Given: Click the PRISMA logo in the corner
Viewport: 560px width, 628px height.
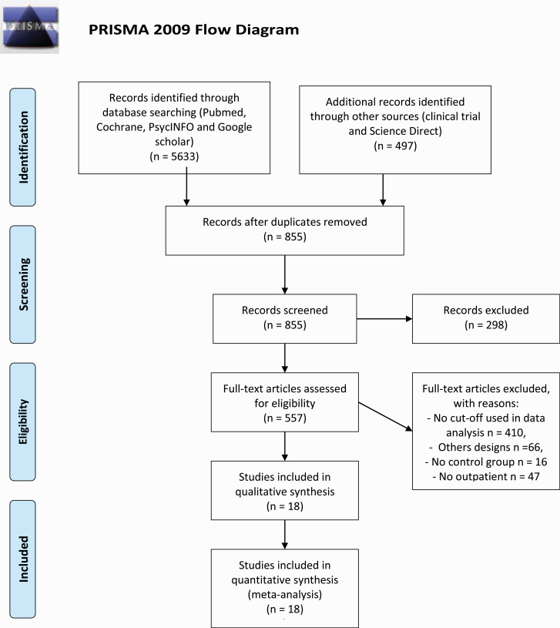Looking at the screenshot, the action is click(29, 27).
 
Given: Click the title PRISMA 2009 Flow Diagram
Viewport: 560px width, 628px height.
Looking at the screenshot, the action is click(194, 29).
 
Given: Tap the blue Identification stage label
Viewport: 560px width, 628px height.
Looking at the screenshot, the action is click(23, 147).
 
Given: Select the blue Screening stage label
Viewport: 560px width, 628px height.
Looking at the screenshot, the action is click(23, 284).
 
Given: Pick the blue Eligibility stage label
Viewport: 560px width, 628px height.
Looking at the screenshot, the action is click(23, 421).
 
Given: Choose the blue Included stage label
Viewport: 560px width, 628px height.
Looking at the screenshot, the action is click(23, 559).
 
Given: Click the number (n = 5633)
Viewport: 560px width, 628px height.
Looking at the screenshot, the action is click(174, 156).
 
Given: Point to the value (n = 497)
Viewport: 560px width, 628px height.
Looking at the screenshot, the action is click(395, 146).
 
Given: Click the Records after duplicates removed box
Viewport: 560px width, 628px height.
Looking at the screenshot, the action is click(284, 230).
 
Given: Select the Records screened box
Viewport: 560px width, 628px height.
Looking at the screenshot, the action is click(284, 319).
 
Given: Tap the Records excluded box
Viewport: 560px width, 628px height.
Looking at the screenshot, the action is click(486, 319).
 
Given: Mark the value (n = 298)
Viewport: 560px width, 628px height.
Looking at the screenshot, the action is click(486, 325).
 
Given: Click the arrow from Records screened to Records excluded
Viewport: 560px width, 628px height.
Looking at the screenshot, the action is click(384, 319).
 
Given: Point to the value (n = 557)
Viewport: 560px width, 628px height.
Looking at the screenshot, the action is click(284, 418).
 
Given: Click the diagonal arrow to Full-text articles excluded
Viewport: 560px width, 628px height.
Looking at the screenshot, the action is click(385, 417).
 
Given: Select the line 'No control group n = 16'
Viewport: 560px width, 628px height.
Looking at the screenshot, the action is click(486, 462).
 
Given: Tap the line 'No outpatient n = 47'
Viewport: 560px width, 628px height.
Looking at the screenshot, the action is click(486, 477).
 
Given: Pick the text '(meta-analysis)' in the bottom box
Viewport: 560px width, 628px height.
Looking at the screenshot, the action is click(284, 594).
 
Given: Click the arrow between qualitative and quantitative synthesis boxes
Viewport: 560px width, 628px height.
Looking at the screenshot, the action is click(284, 535).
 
